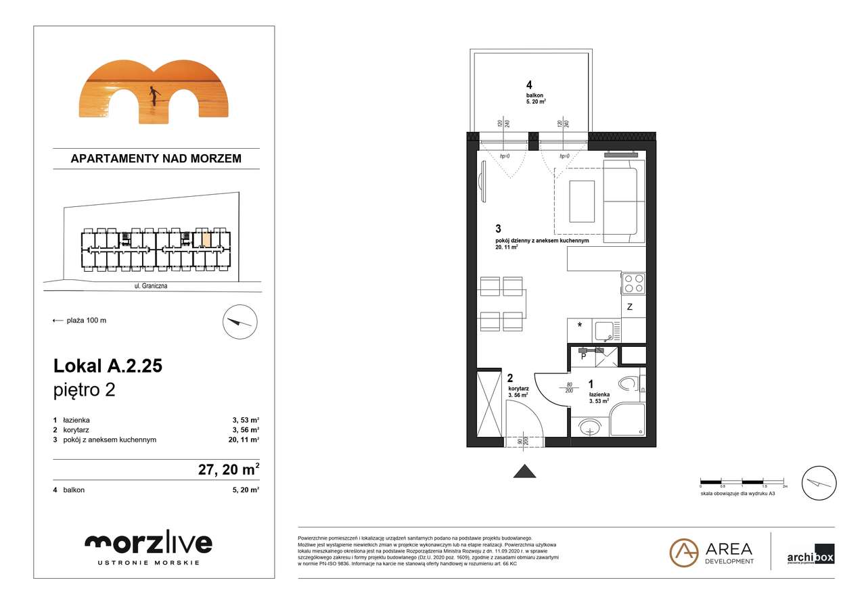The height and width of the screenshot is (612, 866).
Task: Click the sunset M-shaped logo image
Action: [154, 92]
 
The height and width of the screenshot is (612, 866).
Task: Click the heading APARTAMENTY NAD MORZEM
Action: [156, 159]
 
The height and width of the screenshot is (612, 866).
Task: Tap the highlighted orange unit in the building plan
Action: [206, 239]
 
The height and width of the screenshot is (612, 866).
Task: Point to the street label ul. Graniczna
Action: [151, 286]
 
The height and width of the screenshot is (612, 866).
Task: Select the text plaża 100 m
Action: [86, 321]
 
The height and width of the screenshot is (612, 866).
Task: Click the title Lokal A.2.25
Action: [108, 366]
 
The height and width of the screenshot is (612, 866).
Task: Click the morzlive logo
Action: [148, 543]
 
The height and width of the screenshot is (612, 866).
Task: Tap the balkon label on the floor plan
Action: [535, 95]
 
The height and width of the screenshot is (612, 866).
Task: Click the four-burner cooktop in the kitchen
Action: [633, 283]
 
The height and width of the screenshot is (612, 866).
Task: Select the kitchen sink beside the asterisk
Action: [603, 331]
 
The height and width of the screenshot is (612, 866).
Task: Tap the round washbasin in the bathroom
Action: [590, 427]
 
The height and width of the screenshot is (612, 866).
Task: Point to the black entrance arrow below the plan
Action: [524, 471]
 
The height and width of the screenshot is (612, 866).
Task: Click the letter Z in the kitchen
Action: [629, 307]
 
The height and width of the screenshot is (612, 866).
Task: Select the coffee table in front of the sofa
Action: [581, 201]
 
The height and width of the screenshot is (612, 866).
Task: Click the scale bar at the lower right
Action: [743, 481]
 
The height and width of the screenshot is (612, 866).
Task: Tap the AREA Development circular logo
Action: [683, 552]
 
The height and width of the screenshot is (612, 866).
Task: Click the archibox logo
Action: [810, 555]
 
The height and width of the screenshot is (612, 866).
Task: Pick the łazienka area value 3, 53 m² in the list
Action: [245, 420]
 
